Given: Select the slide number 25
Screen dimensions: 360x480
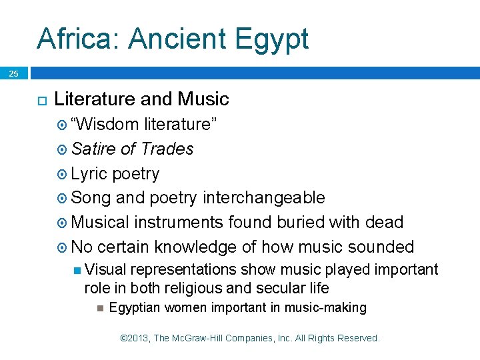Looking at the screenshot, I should click(x=14, y=74).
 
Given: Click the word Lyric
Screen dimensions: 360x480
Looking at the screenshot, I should click(x=89, y=173).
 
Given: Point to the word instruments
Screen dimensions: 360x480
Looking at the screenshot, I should click(x=179, y=222).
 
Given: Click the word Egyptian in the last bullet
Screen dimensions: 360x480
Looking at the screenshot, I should click(x=135, y=307).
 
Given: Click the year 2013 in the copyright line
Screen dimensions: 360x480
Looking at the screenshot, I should click(x=139, y=338).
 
